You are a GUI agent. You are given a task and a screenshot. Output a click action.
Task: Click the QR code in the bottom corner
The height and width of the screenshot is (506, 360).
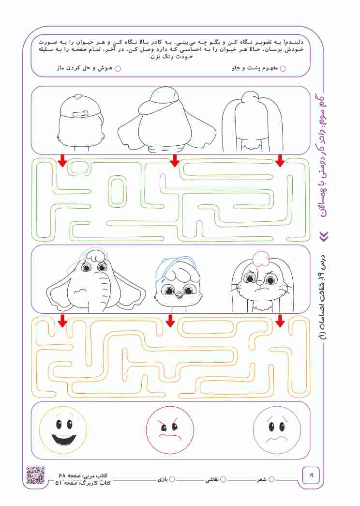coord(35,475)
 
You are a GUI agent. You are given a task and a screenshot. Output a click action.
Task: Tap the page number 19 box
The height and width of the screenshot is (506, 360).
coord(311,475)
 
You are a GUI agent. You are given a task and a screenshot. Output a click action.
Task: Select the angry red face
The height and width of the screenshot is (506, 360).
coord(170,430)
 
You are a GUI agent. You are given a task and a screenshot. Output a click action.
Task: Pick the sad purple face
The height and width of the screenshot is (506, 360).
coord(277,430)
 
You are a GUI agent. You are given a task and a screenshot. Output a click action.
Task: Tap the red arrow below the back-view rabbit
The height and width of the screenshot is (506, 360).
coord(280,160)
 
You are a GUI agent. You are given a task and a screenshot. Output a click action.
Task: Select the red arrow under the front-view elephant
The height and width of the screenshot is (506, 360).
coord(62,321)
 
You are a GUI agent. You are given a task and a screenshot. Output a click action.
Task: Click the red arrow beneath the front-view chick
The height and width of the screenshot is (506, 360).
coord(170,321)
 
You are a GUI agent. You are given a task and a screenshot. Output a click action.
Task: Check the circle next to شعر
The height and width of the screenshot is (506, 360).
coord(271,479)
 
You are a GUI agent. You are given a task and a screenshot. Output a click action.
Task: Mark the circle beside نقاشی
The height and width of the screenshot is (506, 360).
coord(223,479)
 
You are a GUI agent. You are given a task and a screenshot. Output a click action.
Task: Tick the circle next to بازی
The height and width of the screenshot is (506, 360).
coord(172,479)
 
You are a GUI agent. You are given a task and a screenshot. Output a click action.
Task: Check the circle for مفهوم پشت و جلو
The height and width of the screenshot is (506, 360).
coord(283,68)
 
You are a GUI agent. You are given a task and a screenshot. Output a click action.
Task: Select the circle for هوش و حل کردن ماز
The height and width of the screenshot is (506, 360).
coord(118,68)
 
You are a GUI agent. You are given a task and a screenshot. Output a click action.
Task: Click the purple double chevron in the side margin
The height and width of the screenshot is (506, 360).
coord(325,236)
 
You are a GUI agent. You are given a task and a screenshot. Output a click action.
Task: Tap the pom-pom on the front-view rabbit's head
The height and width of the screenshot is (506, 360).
coord(261,259)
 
